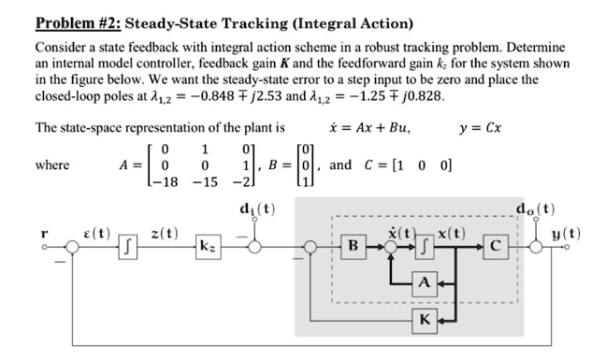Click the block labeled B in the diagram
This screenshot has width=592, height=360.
(353, 248)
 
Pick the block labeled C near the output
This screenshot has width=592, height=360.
(497, 248)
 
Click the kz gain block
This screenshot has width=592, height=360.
(207, 248)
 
